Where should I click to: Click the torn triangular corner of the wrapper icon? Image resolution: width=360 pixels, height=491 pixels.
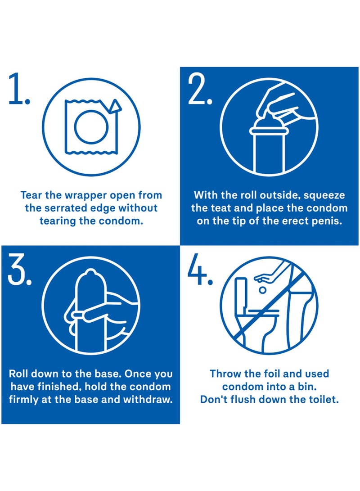116,106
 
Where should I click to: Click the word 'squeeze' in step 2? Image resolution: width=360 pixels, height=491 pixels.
326,195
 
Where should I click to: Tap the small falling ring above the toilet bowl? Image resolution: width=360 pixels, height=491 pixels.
262,290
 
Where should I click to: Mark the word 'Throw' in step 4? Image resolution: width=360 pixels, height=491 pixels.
225,374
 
